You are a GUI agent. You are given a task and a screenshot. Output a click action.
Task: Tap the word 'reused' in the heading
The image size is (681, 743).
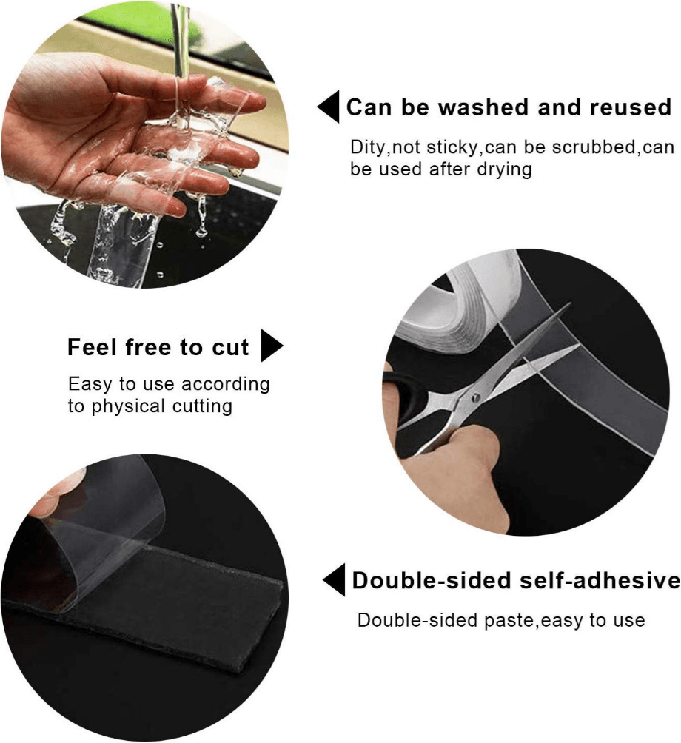click(x=630, y=108)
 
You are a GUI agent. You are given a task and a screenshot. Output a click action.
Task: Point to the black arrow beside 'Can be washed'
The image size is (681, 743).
click(x=328, y=108)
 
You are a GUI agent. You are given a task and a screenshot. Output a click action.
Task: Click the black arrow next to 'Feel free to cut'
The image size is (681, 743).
click(x=272, y=346)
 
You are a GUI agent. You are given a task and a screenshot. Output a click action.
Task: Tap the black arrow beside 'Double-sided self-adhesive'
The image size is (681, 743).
click(x=334, y=579)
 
